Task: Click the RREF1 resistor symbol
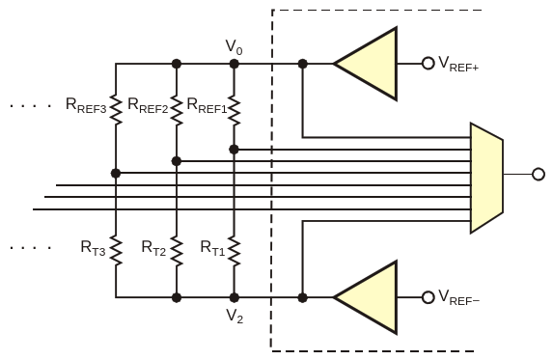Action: click(235, 109)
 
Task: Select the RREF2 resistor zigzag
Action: click(177, 109)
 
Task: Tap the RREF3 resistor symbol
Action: click(116, 109)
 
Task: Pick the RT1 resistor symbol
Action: click(235, 250)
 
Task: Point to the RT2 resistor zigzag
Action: click(177, 250)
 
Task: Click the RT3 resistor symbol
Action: click(116, 250)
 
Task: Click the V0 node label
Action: click(234, 47)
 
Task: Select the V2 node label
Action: click(235, 316)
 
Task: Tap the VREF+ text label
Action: click(458, 64)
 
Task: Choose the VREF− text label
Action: click(458, 297)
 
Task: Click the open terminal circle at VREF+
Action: click(429, 64)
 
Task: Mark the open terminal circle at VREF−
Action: click(429, 297)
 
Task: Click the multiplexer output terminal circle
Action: click(539, 175)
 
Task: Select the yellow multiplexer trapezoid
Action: click(486, 178)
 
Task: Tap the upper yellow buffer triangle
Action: click(366, 64)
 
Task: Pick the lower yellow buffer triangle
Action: click(366, 297)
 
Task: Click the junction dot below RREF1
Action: click(234, 150)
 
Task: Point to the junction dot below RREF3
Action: click(116, 173)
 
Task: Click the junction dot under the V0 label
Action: click(235, 64)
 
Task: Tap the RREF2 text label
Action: click(148, 105)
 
